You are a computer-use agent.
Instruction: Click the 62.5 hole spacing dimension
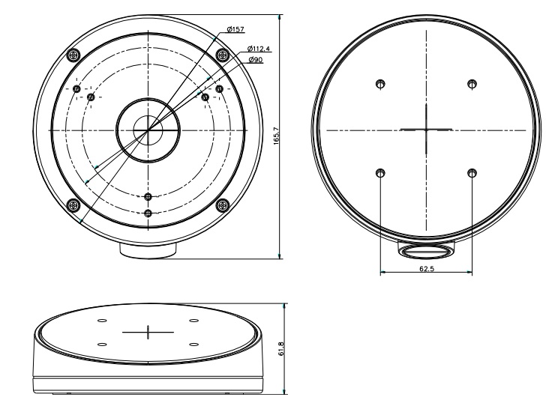(426, 269)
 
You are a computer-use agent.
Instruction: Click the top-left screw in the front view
(73, 55)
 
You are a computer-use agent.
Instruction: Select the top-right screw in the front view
(222, 55)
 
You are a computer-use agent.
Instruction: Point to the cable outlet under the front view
(148, 248)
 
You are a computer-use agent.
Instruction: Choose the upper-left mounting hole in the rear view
(381, 84)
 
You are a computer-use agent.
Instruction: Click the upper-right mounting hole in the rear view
(472, 84)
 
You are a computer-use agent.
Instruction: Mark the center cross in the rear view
(426, 129)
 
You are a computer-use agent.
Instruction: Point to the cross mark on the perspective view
(148, 332)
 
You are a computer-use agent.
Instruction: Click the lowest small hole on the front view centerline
(148, 213)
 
